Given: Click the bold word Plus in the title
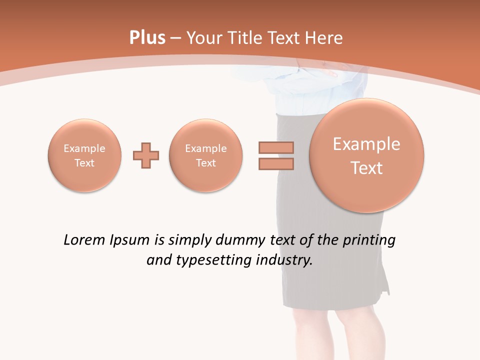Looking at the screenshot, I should pos(147,38).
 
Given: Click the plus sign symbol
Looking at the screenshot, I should pos(146,155).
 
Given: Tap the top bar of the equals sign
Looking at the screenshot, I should pos(276,147).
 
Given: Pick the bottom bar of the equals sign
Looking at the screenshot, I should pos(276,164).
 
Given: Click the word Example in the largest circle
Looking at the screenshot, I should pos(366,144).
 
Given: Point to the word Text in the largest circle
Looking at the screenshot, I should pos(366,168).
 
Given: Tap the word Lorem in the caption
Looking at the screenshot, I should pos(82,240).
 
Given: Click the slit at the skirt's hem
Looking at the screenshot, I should pos(385,285).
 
